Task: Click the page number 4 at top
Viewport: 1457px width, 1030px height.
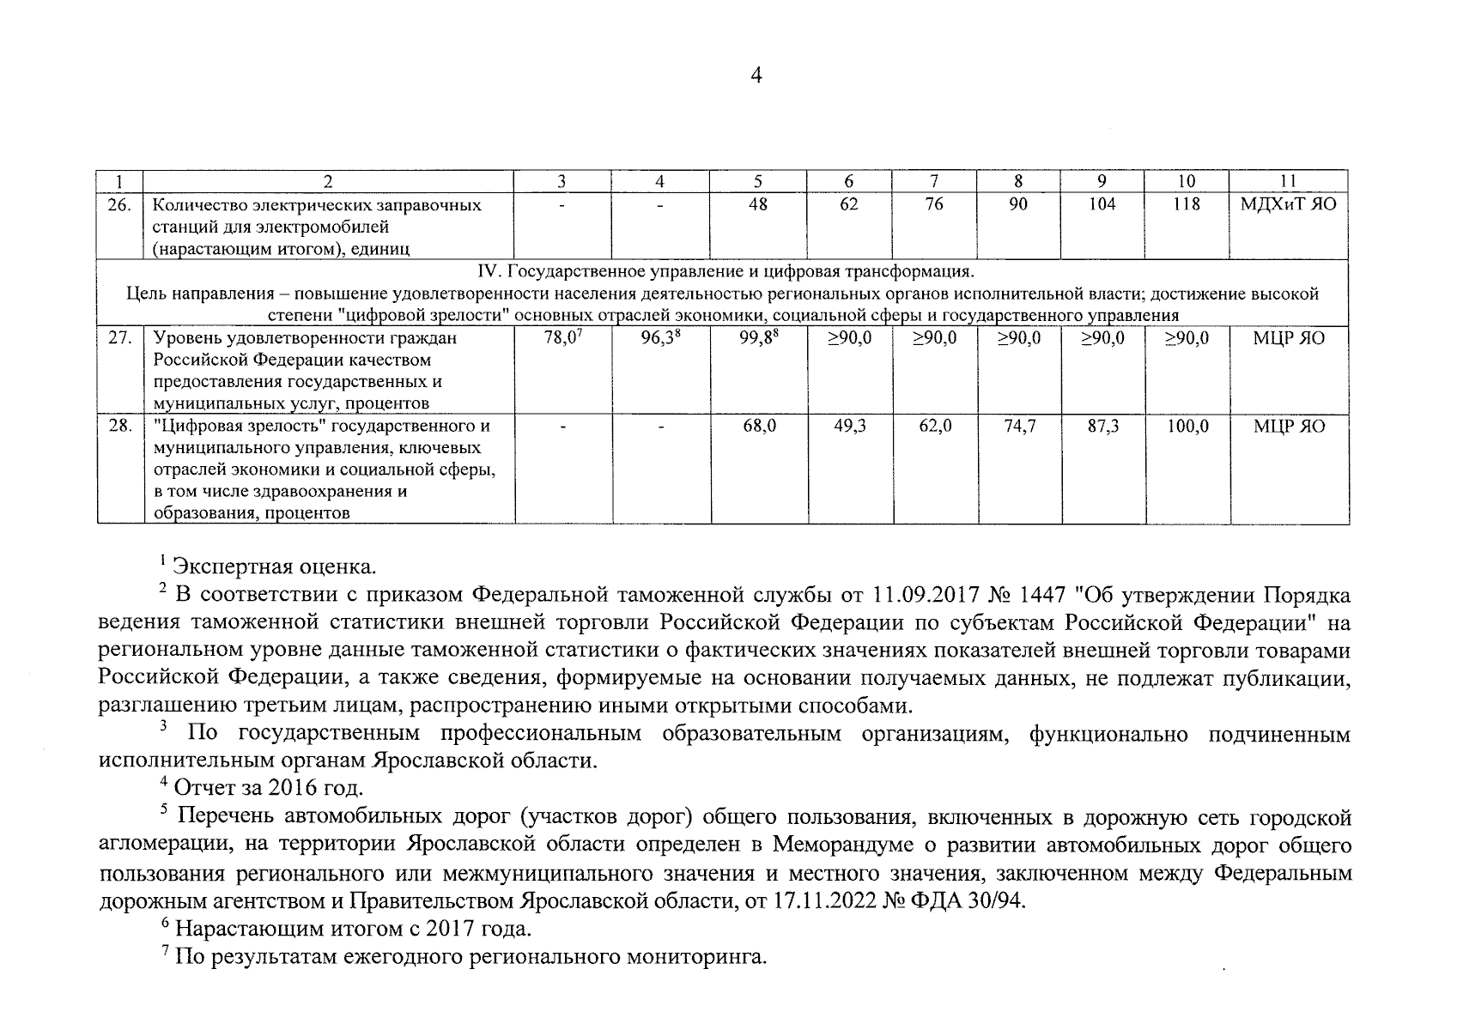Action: [756, 76]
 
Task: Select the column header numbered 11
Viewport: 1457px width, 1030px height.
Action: [1288, 181]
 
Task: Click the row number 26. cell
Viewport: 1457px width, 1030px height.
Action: [119, 205]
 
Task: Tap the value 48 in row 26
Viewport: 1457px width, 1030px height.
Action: [758, 205]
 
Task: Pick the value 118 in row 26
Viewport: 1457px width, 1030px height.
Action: [1187, 205]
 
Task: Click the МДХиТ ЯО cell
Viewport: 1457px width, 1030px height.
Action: [1288, 205]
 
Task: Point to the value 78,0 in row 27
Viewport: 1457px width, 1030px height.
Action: [562, 338]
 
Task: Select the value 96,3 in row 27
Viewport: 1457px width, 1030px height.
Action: [660, 338]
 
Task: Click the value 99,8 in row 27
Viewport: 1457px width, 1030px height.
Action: [758, 338]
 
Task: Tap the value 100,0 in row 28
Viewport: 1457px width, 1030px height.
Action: [1187, 426]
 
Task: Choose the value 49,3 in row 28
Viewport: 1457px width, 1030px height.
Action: [849, 426]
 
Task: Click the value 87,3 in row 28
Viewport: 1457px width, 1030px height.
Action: [1102, 426]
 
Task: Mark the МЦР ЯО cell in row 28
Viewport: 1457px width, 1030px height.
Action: [1289, 426]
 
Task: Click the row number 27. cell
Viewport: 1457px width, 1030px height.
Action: [119, 338]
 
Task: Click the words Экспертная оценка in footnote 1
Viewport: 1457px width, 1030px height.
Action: [275, 566]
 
